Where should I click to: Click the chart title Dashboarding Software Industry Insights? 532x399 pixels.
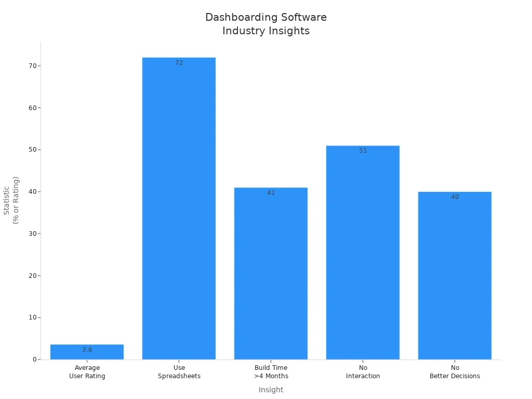(265, 24)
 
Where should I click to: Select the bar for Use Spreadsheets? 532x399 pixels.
(179, 208)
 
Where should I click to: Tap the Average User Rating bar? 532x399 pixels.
(87, 352)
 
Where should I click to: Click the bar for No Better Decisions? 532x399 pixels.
(455, 275)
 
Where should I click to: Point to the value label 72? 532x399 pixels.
(179, 63)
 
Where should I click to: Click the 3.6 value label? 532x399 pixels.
(87, 350)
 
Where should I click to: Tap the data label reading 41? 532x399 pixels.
(271, 193)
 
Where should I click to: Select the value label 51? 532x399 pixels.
(363, 151)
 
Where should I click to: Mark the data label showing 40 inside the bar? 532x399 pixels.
(455, 197)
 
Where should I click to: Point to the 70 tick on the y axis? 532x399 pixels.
(33, 66)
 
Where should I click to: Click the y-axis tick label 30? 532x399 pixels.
(33, 234)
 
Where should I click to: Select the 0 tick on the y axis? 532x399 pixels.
(35, 360)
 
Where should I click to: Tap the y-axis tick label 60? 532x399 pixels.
(33, 108)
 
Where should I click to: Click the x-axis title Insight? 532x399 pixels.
(271, 390)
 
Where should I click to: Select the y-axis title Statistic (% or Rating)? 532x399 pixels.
(11, 200)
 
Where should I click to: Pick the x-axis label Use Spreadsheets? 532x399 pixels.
(179, 372)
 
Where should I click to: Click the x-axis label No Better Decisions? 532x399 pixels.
(455, 372)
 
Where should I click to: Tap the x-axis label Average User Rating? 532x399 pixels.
(87, 372)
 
